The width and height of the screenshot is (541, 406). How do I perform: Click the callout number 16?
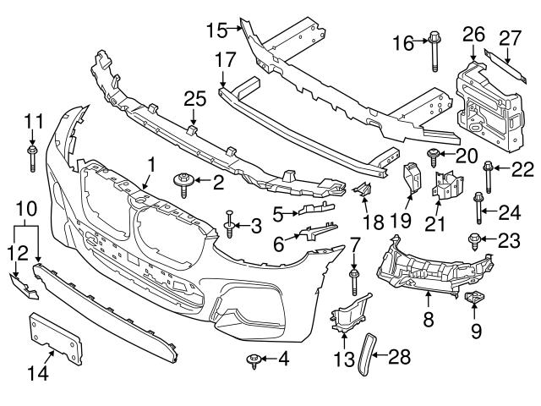[403, 41]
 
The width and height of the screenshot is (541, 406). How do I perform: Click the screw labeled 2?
[183, 183]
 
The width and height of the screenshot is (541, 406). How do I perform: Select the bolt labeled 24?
[479, 206]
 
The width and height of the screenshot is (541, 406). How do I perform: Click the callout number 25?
[195, 100]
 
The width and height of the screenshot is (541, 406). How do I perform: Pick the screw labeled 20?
[434, 156]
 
